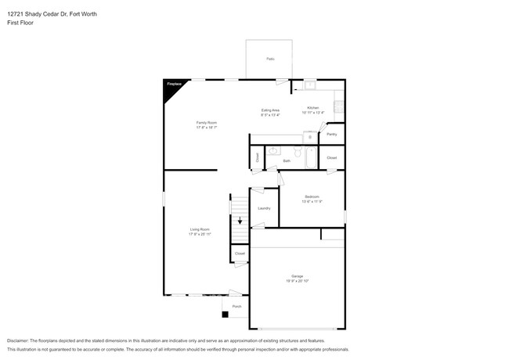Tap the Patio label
(270, 59)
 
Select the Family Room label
(207, 124)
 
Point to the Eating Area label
(271, 112)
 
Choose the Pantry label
(332, 134)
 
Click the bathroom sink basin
(274, 153)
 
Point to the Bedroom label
(312, 197)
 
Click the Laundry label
(264, 208)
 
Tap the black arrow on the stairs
(240, 221)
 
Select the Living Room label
(200, 231)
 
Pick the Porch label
(236, 306)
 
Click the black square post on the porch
(226, 315)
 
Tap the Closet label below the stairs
(240, 254)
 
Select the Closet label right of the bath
(332, 158)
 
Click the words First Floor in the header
(20, 23)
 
